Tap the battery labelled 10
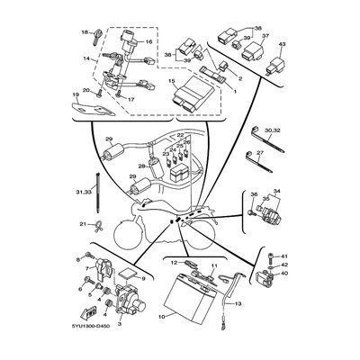192,297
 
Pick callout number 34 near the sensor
276,190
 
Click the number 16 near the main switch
149,41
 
